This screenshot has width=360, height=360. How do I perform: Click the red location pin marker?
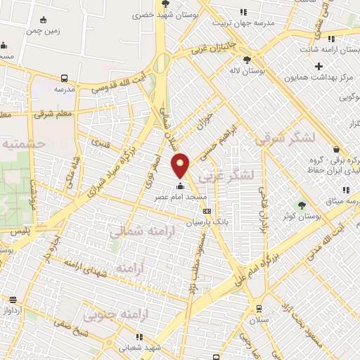coord(181,165)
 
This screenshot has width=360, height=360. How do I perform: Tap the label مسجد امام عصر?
coord(180,198)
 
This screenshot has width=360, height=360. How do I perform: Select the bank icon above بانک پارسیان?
coord(206,210)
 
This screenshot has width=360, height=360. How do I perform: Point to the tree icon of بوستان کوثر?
coord(302,205)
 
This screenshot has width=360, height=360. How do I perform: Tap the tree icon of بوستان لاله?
coord(246,60)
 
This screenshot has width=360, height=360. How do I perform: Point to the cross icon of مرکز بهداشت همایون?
coord(319,65)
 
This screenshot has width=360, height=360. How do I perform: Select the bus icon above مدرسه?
coord(65,79)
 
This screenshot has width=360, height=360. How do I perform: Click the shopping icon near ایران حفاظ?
coord(336,149)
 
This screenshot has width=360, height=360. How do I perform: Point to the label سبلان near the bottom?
coord(259,320)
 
